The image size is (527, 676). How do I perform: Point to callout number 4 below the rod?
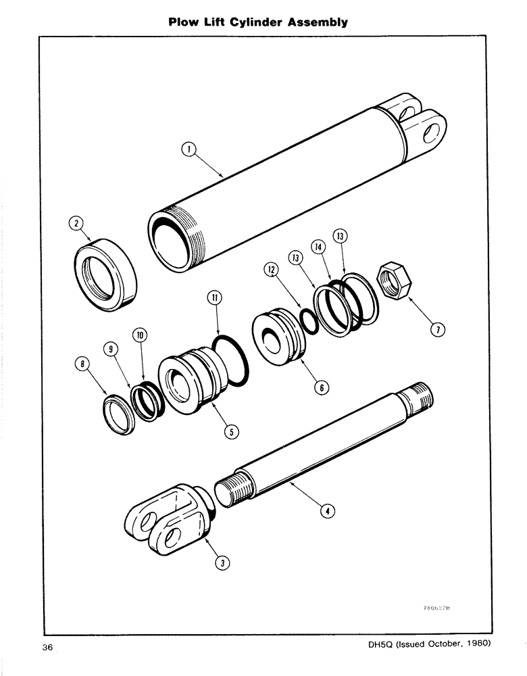pos(328,511)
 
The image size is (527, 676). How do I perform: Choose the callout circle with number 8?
pos(82,366)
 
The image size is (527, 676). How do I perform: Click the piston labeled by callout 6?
pos(278,338)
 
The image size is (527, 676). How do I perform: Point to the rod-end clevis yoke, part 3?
pos(165,521)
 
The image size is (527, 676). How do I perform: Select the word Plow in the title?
pos(185,22)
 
